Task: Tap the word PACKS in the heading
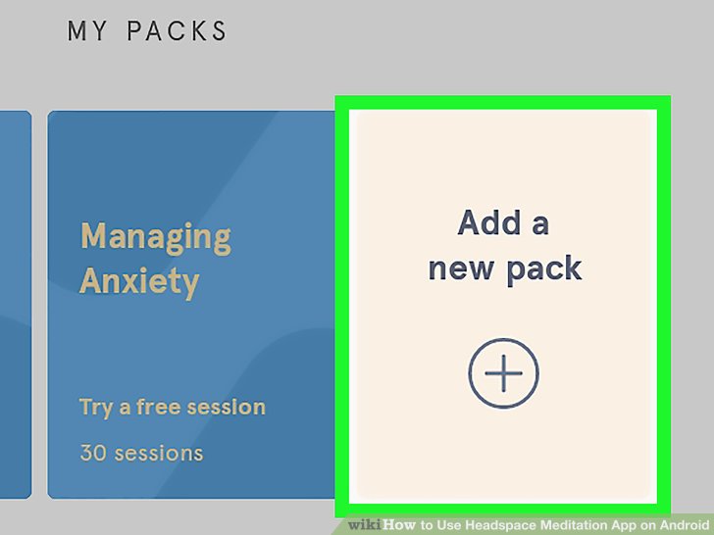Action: point(176,31)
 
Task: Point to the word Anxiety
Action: point(139,281)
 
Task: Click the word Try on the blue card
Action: point(96,407)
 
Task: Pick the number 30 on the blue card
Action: point(94,454)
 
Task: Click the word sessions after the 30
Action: point(159,454)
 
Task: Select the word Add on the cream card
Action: point(489,223)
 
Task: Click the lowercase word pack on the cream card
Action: point(542,268)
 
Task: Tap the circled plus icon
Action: point(503,372)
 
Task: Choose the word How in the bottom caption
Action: point(400,525)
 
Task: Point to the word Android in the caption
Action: point(683,525)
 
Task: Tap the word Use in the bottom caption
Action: point(447,525)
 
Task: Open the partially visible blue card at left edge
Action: point(15,304)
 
